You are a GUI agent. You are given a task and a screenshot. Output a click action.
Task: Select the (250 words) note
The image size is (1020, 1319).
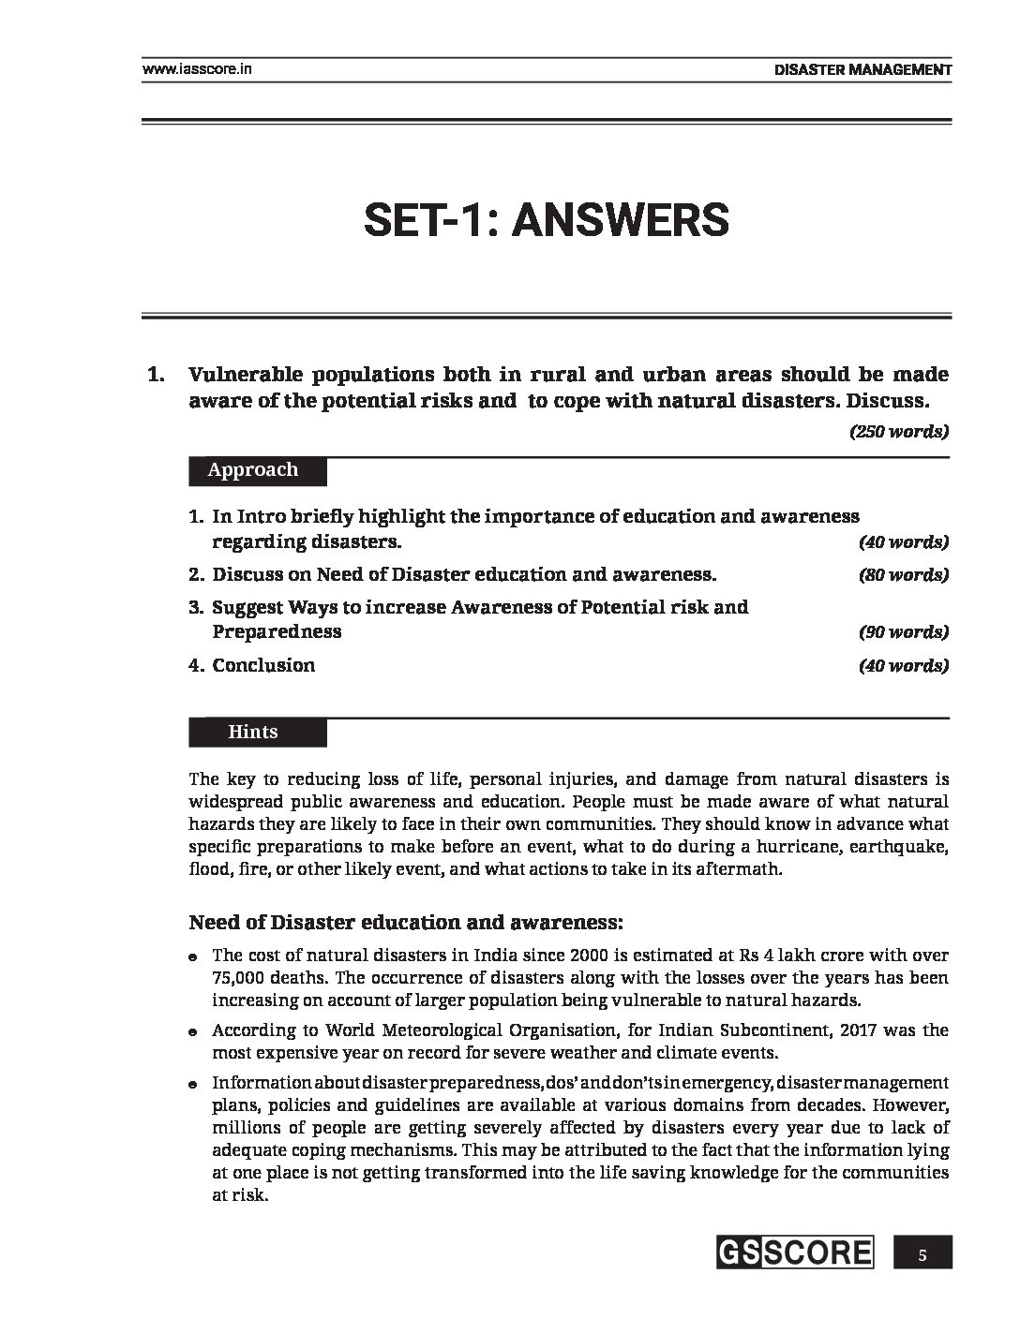pyautogui.click(x=898, y=432)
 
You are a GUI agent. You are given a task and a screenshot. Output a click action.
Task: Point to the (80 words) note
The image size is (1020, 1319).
pyautogui.click(x=903, y=575)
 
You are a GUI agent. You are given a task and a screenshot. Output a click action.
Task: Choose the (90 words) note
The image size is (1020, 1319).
pyautogui.click(x=903, y=632)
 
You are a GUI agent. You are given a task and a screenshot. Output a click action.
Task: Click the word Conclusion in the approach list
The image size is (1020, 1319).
pyautogui.click(x=263, y=666)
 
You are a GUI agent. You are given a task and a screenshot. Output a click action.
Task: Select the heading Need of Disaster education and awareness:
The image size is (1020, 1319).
pyautogui.click(x=405, y=922)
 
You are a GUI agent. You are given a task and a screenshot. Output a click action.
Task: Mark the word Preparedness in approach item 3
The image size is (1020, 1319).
pyautogui.click(x=277, y=632)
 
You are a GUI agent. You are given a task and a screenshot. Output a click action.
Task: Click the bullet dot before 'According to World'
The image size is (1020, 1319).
pyautogui.click(x=193, y=1032)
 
